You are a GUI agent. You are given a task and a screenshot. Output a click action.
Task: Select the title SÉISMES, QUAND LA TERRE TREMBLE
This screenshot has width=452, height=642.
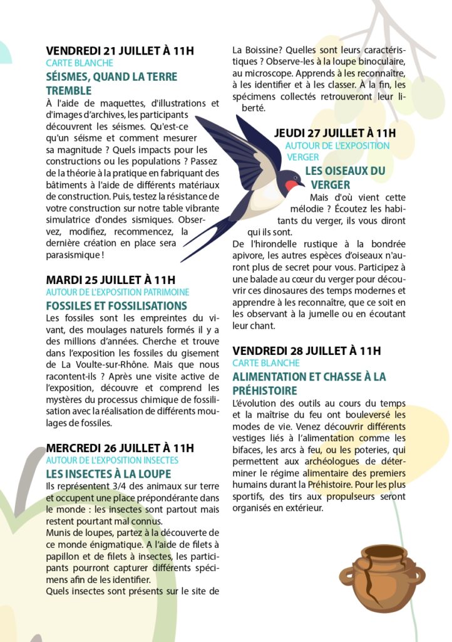point(103,83)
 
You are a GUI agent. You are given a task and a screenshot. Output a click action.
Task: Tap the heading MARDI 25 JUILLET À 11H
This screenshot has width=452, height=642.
point(111,280)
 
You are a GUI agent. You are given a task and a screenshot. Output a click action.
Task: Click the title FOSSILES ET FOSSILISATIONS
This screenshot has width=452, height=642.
point(116,306)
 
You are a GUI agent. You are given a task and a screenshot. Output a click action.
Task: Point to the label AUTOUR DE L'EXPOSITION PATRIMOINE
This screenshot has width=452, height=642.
point(118,292)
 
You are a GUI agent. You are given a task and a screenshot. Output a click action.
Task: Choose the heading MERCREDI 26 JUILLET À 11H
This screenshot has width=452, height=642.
point(120,448)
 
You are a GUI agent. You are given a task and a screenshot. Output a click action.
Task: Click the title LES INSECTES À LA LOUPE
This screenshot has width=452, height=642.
point(108,474)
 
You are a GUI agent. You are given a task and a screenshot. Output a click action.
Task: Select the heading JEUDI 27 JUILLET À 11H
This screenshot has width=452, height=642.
point(335,133)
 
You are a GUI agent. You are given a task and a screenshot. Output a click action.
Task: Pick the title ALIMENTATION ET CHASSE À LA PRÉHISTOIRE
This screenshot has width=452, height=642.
point(309,384)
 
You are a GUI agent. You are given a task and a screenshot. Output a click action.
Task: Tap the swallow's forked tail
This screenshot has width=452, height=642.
point(200,245)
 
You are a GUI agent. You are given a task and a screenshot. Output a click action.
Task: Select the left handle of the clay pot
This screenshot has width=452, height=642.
point(347,575)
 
